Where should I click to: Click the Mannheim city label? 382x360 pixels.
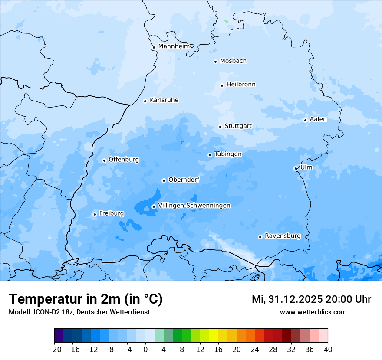tap(174, 46)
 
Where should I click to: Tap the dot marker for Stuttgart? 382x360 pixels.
tap(220, 127)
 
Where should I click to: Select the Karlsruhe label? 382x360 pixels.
tap(164, 100)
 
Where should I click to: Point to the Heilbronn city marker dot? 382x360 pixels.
tap(222, 85)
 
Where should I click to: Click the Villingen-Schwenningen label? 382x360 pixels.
tap(194, 206)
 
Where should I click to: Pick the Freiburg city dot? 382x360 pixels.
tap(95, 214)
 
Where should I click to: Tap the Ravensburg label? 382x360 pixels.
tap(283, 236)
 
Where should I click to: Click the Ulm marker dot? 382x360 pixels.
tap(296, 168)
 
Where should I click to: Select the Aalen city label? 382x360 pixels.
tap(318, 119)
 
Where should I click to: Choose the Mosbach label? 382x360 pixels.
tap(233, 61)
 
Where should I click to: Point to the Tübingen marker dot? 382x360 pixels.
tap(210, 155)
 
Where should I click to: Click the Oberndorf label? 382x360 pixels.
tap(184, 180)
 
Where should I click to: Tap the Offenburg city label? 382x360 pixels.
tap(124, 160)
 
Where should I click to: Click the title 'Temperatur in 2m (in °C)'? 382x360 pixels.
tap(86, 299)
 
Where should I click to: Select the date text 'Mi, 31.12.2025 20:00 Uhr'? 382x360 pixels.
tap(311, 299)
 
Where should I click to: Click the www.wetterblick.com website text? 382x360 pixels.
tap(313, 312)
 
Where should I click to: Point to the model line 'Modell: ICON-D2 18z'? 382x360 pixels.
tap(79, 312)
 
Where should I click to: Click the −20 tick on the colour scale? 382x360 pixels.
tap(54, 350)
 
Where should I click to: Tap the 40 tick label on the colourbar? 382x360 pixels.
tap(328, 350)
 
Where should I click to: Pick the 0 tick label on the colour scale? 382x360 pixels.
tap(145, 350)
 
